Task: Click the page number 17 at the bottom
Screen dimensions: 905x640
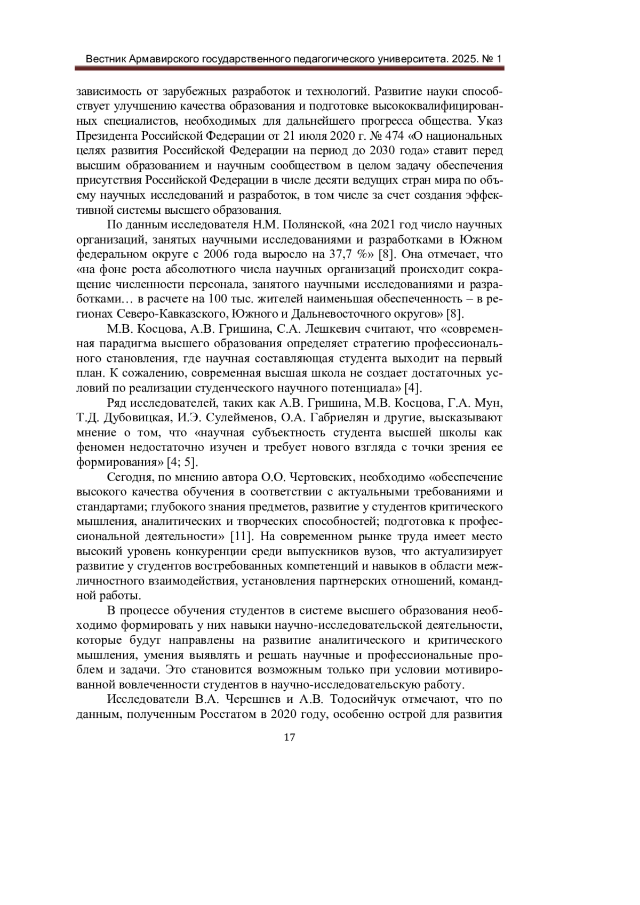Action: point(290,738)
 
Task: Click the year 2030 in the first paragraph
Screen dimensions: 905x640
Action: point(381,149)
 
